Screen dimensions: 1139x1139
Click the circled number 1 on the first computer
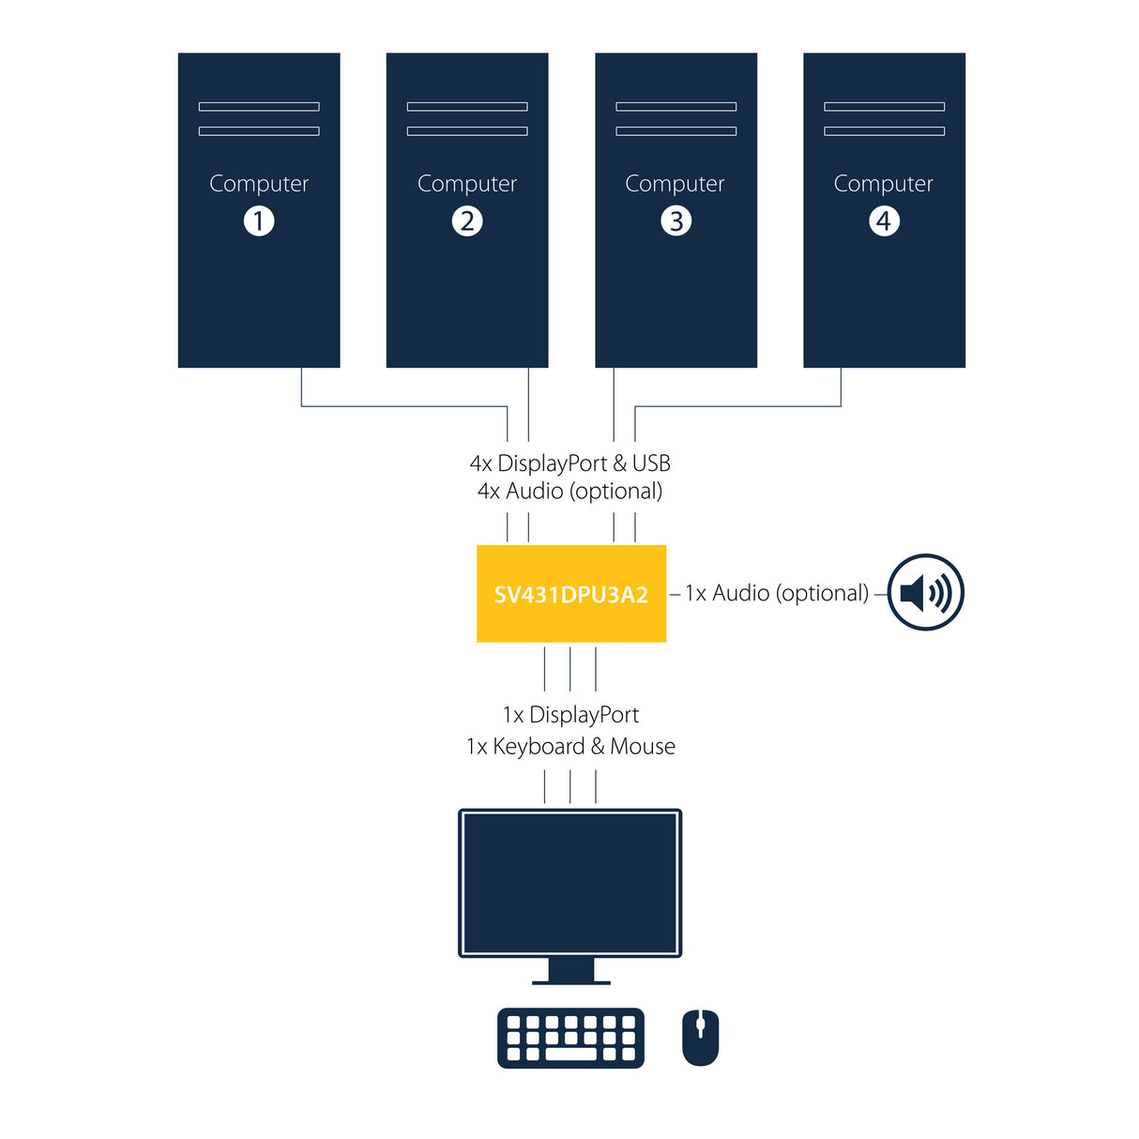[259, 221]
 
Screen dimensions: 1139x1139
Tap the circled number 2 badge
[467, 221]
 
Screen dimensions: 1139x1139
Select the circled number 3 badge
[676, 221]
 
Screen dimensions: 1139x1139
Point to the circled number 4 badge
[884, 221]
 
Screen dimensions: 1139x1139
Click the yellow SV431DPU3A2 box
[571, 594]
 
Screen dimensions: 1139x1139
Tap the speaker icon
[925, 592]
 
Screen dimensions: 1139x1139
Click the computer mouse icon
[700, 1038]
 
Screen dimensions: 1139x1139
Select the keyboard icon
[570, 1038]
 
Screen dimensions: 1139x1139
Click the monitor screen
[570, 883]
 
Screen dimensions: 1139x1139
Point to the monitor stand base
[570, 980]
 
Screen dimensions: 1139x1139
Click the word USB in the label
[651, 463]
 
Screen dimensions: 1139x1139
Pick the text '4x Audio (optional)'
[569, 491]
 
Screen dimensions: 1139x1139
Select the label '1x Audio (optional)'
[777, 593]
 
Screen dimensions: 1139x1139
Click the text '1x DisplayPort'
[570, 715]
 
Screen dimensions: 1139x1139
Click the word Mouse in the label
[643, 747]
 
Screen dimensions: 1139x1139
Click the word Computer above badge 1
[259, 184]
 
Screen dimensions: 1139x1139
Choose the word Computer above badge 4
[884, 184]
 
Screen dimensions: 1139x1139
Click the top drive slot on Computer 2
[467, 107]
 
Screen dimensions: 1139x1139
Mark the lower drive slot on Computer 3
[676, 131]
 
